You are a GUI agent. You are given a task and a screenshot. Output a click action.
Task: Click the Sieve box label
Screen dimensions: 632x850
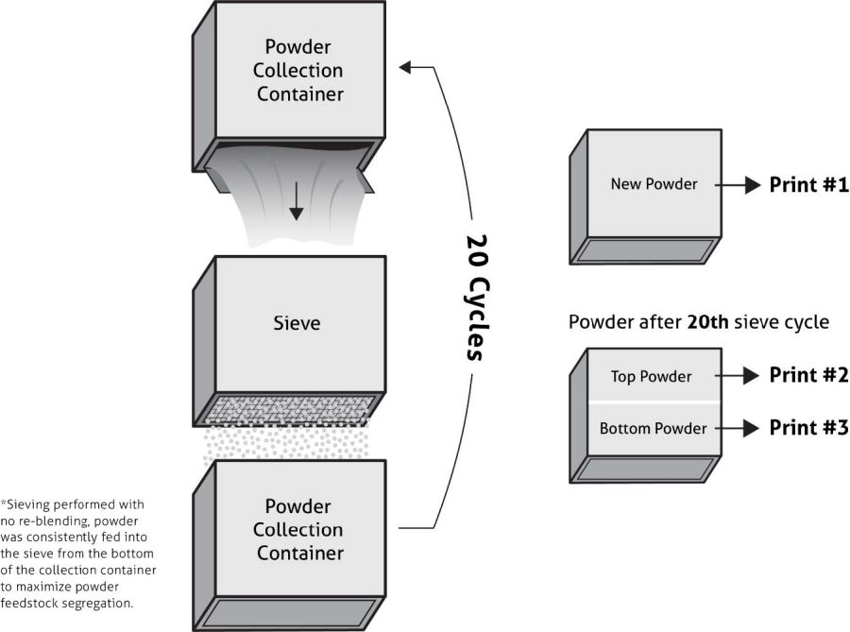coord(297,324)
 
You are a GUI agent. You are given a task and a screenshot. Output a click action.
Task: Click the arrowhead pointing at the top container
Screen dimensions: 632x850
coord(406,67)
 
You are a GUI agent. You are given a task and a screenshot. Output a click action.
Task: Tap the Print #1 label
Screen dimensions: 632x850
coord(808,185)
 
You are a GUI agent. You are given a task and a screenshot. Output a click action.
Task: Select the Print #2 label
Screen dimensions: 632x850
coord(808,375)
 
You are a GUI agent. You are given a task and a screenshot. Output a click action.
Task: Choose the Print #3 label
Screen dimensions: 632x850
coord(808,427)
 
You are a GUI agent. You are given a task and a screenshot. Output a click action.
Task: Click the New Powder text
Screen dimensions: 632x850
coord(654,184)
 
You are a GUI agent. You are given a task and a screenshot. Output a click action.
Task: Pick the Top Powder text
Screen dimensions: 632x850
coord(651,376)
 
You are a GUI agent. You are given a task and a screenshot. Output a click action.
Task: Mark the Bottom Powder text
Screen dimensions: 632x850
coord(653,428)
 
